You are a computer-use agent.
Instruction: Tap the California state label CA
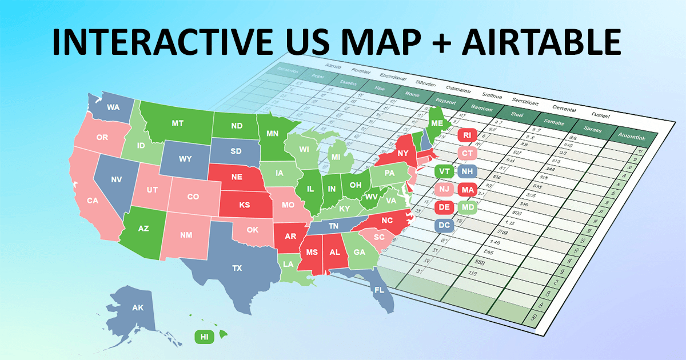pos(93,201)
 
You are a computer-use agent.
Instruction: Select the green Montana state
pos(177,123)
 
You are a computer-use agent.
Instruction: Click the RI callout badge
pos(468,135)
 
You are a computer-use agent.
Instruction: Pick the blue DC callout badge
pos(444,226)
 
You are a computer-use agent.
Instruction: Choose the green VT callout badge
pos(444,171)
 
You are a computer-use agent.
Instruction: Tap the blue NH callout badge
pos(467,171)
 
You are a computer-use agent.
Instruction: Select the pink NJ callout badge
pos(444,189)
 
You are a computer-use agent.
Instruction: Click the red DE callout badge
pos(444,207)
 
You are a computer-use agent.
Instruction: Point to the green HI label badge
pos(204,337)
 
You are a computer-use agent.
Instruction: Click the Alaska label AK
pos(138,308)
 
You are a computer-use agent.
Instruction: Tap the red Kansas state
pos(245,205)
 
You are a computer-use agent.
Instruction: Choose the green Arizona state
pos(143,228)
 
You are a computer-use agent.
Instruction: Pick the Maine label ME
pos(437,123)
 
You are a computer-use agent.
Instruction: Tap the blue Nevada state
pos(116,179)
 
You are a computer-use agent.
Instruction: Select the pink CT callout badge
pos(468,153)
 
